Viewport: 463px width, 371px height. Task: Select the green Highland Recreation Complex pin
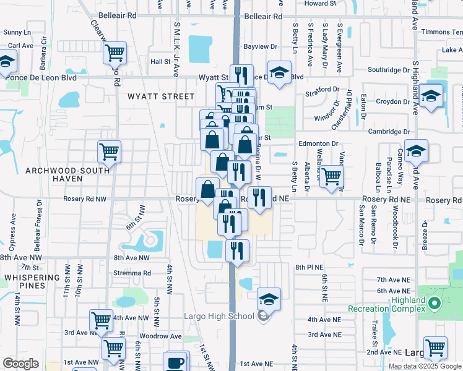coord(434,304)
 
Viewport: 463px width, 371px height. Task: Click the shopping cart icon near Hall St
coord(115,53)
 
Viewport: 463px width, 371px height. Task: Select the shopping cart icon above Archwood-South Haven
coord(109,151)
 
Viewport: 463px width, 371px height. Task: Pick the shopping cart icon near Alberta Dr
coord(332,176)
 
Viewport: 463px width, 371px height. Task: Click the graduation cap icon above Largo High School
coord(269,299)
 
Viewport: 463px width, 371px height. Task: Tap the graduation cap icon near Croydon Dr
coord(431,96)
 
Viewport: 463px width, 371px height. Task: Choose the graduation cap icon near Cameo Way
coord(416,150)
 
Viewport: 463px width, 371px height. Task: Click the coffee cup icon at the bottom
coord(176,362)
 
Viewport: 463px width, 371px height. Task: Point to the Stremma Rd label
coord(132,273)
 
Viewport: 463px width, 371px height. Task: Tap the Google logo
coord(20,364)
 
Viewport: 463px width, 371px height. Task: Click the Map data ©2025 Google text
coord(424,366)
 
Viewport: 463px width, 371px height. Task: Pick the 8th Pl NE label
coord(309,267)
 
